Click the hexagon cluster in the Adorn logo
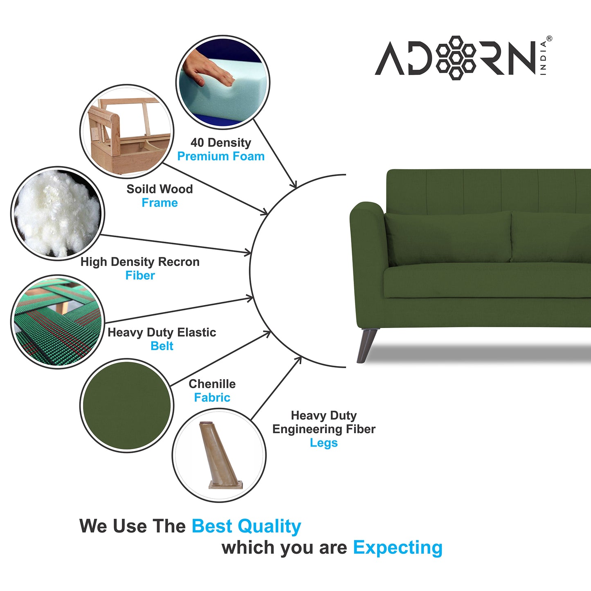tap(456, 58)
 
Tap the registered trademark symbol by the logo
tap(549, 39)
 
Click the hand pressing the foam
tap(209, 69)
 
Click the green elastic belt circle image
tap(57, 322)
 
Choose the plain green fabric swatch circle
tap(127, 405)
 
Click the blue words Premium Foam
tap(221, 156)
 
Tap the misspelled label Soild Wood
tap(160, 189)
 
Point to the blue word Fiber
tap(140, 276)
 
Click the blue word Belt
tap(162, 346)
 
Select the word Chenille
tap(212, 384)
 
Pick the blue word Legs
tap(324, 443)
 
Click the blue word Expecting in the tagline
tap(398, 547)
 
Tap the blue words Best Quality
tap(246, 526)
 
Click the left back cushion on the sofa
tap(448, 237)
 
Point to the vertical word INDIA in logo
tap(543, 58)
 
